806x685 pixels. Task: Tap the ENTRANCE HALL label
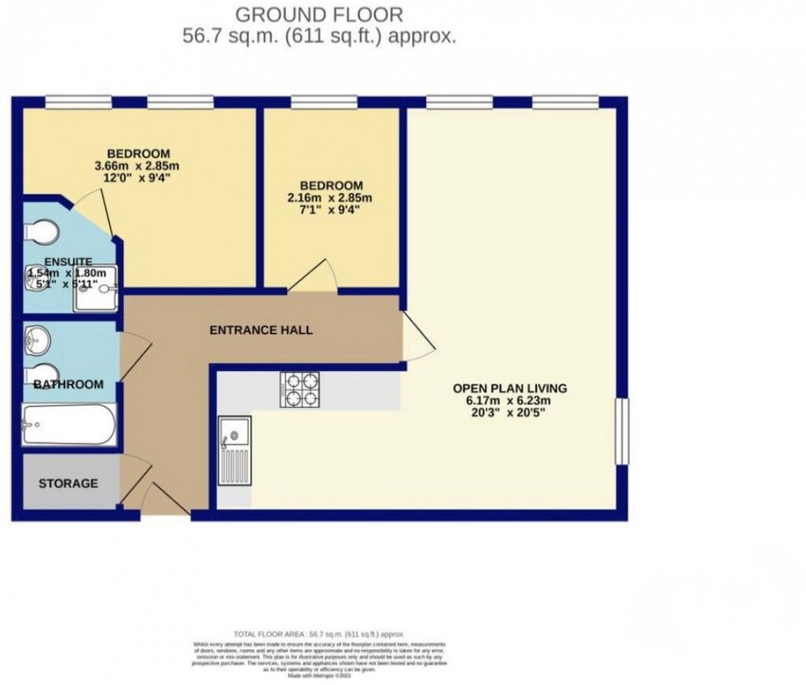pyautogui.click(x=261, y=330)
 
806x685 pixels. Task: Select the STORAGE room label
pyautogui.click(x=68, y=484)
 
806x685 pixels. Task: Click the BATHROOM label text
pyautogui.click(x=68, y=384)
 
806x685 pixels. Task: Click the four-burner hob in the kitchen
pyautogui.click(x=302, y=390)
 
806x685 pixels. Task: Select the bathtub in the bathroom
pyautogui.click(x=68, y=425)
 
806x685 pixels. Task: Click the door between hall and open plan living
pyautogui.click(x=416, y=336)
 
